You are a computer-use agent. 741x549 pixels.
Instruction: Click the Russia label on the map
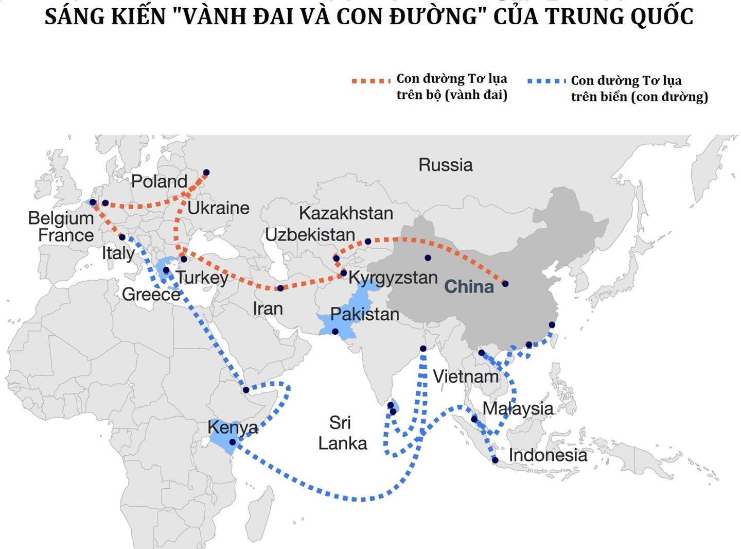point(445,165)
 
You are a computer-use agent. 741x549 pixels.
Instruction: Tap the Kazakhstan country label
point(346,213)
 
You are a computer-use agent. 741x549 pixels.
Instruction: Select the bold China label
point(469,286)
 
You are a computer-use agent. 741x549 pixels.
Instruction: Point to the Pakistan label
point(364,314)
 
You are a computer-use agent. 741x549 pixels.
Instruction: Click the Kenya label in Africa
point(233,427)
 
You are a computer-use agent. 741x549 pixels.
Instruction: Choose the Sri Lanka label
point(342,433)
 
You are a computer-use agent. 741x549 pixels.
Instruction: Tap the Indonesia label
point(548,455)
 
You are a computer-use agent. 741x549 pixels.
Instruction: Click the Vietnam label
point(466,376)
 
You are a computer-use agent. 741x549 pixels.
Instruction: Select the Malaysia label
point(518,408)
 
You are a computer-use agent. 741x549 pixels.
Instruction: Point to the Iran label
point(268,308)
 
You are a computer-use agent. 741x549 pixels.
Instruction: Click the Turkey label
point(202,277)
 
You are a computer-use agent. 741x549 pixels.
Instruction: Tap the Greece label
point(151,294)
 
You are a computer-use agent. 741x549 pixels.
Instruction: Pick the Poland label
point(159,181)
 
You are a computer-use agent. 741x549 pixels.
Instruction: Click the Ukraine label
point(218,208)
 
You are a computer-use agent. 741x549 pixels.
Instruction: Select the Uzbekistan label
point(310,235)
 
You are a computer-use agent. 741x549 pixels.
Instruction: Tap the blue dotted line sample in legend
point(546,81)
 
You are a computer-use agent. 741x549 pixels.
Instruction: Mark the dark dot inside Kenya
point(233,442)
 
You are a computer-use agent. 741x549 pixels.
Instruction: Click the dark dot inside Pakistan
point(335,332)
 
